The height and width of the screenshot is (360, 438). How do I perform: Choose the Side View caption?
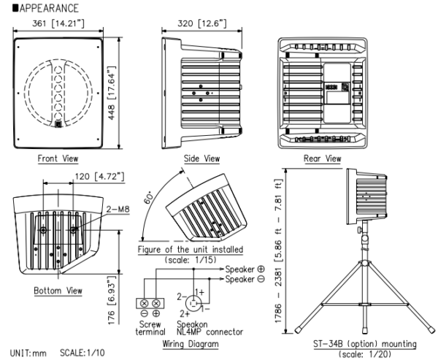(x=200, y=158)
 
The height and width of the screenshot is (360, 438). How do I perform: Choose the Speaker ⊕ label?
(x=248, y=269)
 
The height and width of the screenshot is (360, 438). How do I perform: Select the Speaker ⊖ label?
(x=248, y=278)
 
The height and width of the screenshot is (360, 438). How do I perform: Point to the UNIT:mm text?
(x=23, y=353)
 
